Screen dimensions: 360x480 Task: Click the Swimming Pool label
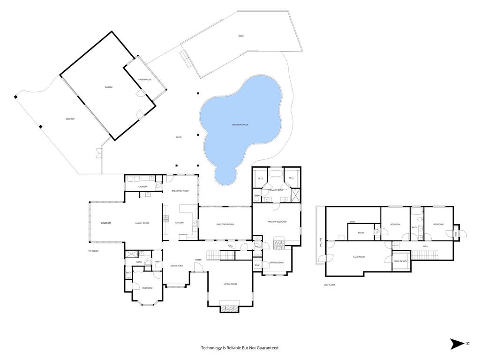coord(240,125)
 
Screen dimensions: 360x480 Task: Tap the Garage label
coord(108,87)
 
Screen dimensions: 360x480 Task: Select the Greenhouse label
coord(145,80)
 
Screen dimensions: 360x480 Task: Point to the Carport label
coord(70,119)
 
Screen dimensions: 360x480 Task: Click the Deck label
coord(241,36)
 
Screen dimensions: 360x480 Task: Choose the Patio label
coord(178,137)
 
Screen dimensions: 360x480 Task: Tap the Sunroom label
coord(106,223)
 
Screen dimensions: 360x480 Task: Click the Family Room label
coord(142,223)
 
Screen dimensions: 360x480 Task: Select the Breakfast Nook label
coord(180,191)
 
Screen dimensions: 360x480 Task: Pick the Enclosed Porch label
coord(225,225)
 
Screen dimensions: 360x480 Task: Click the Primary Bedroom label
coord(277,222)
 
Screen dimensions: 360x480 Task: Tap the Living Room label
coord(230,284)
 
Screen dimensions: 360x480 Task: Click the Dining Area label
coord(177,266)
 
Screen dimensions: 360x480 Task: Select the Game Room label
coord(359,257)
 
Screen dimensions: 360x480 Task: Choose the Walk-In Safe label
coord(400,261)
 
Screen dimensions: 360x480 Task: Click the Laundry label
coord(143,187)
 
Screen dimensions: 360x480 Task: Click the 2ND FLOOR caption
coord(330,285)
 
